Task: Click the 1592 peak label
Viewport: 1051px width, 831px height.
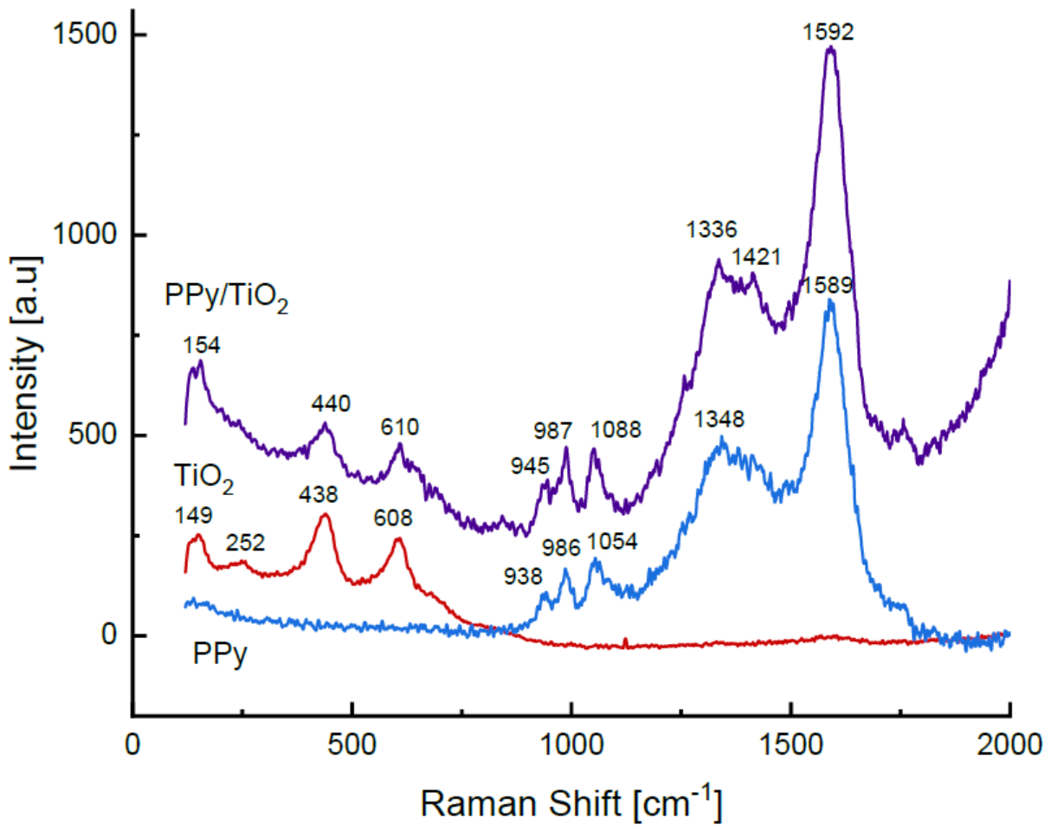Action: (x=829, y=33)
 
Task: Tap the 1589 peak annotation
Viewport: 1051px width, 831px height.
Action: (x=828, y=285)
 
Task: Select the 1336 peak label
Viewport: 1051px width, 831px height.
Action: (x=712, y=229)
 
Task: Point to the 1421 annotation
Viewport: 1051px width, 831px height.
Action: (x=757, y=257)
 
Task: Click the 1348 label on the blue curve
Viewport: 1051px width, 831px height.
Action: (x=719, y=420)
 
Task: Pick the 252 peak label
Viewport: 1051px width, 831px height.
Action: (x=245, y=543)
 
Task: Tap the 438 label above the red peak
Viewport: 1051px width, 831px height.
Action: (x=319, y=495)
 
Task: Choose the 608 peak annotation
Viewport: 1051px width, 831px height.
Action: (x=393, y=518)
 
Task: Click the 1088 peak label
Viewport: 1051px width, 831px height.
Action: (x=616, y=430)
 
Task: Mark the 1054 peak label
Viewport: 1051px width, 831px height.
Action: (x=612, y=542)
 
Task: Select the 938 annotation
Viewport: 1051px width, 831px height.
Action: (x=524, y=577)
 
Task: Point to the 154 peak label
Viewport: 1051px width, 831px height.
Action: (x=202, y=345)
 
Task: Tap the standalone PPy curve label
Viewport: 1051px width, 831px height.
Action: (x=220, y=654)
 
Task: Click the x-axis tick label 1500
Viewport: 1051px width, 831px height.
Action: (x=790, y=746)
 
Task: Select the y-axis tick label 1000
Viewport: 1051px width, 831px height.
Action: (x=85, y=235)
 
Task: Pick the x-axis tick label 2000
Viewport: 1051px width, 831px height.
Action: (x=1009, y=746)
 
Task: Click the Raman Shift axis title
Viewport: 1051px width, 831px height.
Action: (x=571, y=803)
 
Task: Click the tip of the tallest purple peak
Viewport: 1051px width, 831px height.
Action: (x=830, y=47)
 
